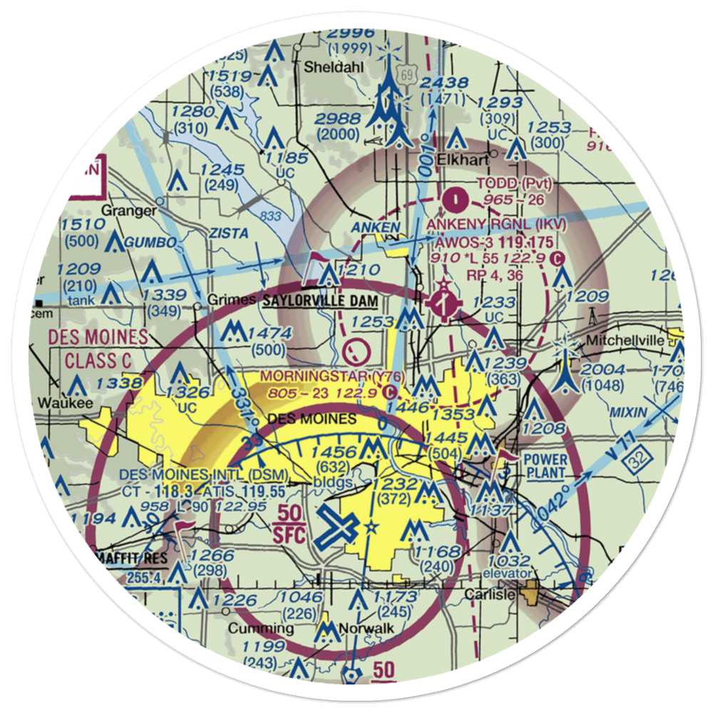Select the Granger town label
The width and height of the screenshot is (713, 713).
[129, 211]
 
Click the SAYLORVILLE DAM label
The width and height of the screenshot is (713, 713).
[320, 301]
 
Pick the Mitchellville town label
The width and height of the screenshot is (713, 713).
[626, 341]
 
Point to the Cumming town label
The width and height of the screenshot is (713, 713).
[260, 629]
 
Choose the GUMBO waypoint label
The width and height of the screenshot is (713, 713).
[150, 243]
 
